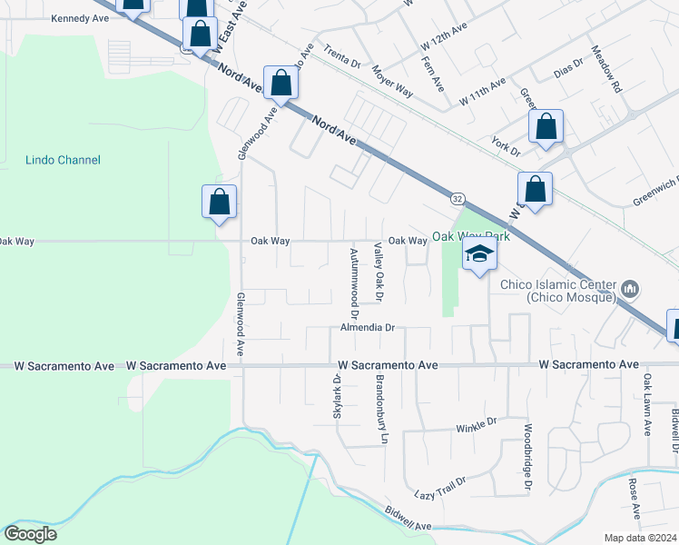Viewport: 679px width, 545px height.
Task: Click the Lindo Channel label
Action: pyautogui.click(x=63, y=160)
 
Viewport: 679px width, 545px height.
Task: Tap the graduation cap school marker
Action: pyautogui.click(x=480, y=255)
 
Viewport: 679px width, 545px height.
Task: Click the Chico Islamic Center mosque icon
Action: pyautogui.click(x=629, y=291)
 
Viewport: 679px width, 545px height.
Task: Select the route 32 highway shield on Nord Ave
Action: pyautogui.click(x=457, y=198)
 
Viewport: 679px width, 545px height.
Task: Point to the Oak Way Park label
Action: pyautogui.click(x=471, y=236)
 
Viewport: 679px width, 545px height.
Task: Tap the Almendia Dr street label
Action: pyautogui.click(x=368, y=327)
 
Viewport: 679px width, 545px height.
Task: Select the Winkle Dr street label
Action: pyautogui.click(x=477, y=423)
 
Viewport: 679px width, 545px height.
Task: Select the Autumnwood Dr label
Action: pyautogui.click(x=354, y=272)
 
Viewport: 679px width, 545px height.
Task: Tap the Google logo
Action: pyautogui.click(x=30, y=534)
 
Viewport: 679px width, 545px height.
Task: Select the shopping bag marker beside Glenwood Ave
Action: pyautogui.click(x=219, y=204)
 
